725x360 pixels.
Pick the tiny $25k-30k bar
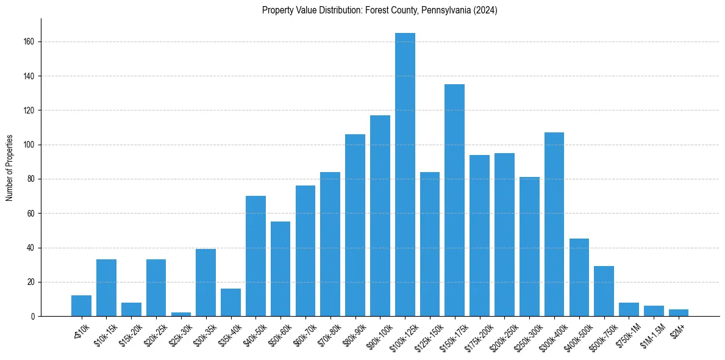click(x=181, y=314)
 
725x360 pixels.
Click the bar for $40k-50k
click(x=255, y=256)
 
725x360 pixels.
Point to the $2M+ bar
click(x=679, y=313)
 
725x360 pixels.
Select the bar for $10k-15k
click(x=106, y=288)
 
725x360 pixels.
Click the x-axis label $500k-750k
click(x=601, y=336)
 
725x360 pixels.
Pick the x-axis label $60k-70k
click(x=304, y=335)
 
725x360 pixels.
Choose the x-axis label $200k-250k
click(x=502, y=336)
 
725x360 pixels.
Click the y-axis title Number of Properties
click(x=9, y=167)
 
